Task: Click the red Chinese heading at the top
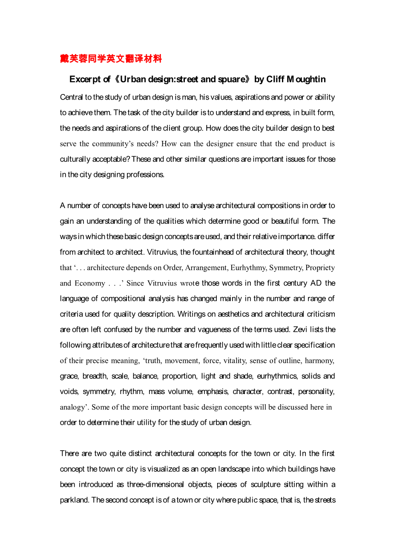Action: coord(111,59)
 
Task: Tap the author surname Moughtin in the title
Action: coord(306,80)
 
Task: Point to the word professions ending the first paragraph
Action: coord(145,174)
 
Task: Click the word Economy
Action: coord(90,283)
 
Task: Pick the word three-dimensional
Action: coord(155,484)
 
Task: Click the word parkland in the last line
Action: coord(75,500)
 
